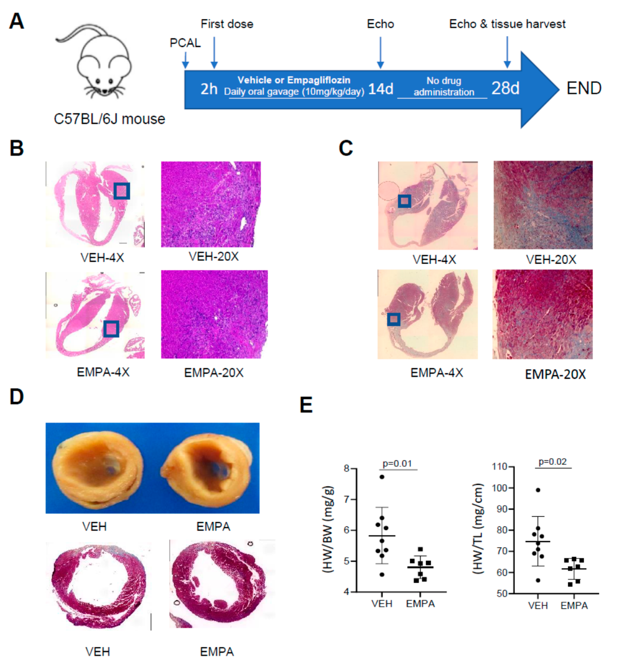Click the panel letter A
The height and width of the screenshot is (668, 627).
(17, 22)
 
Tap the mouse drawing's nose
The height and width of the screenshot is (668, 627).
(104, 91)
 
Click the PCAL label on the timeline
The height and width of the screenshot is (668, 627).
(185, 43)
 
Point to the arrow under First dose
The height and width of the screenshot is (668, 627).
(214, 52)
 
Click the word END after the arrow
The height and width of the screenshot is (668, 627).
(584, 89)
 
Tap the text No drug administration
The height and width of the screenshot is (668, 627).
(444, 86)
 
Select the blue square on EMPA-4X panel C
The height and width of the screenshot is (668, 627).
(394, 319)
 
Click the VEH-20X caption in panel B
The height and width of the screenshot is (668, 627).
(214, 257)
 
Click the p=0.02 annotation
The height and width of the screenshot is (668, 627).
(553, 462)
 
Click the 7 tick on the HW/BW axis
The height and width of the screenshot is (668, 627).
(347, 499)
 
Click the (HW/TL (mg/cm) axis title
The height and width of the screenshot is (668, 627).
(478, 528)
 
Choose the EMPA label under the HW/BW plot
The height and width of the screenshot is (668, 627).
(420, 604)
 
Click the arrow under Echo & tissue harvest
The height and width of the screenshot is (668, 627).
(507, 52)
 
